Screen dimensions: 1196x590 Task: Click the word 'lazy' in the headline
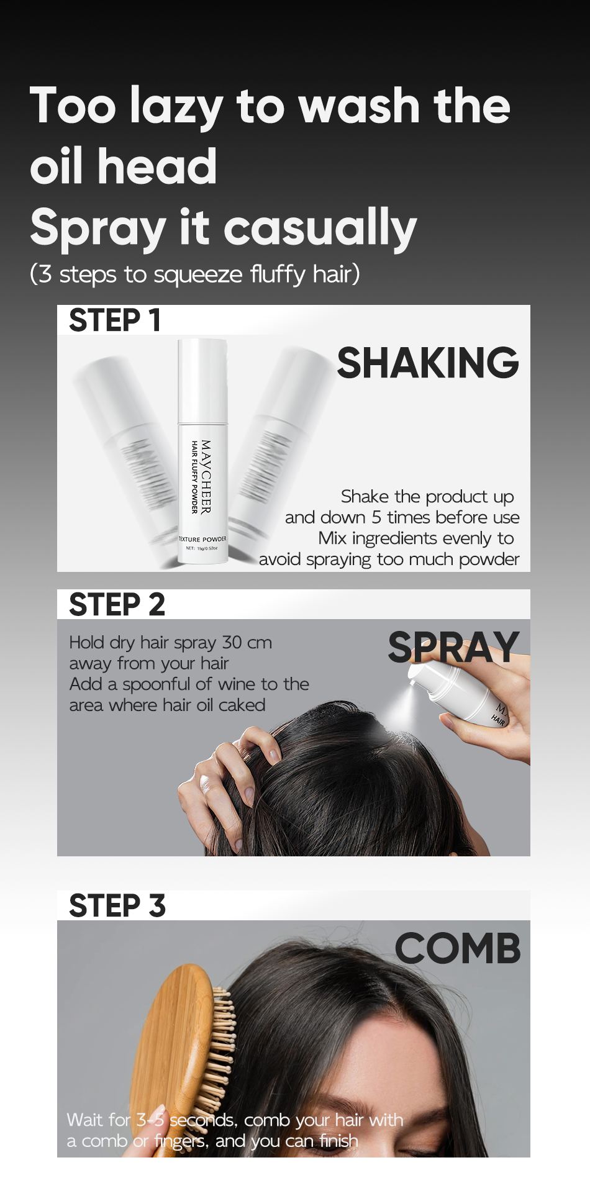176,107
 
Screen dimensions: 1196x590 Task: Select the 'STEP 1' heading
115,320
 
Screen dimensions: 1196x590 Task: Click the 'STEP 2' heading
117,605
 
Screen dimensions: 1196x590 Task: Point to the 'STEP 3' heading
117,906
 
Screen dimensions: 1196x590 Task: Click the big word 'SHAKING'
427,363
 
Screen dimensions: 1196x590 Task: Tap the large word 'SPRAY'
453,647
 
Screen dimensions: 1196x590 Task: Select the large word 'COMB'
458,949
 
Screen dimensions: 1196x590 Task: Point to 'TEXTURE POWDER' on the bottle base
203,539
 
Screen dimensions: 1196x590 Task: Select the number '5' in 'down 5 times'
376,517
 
